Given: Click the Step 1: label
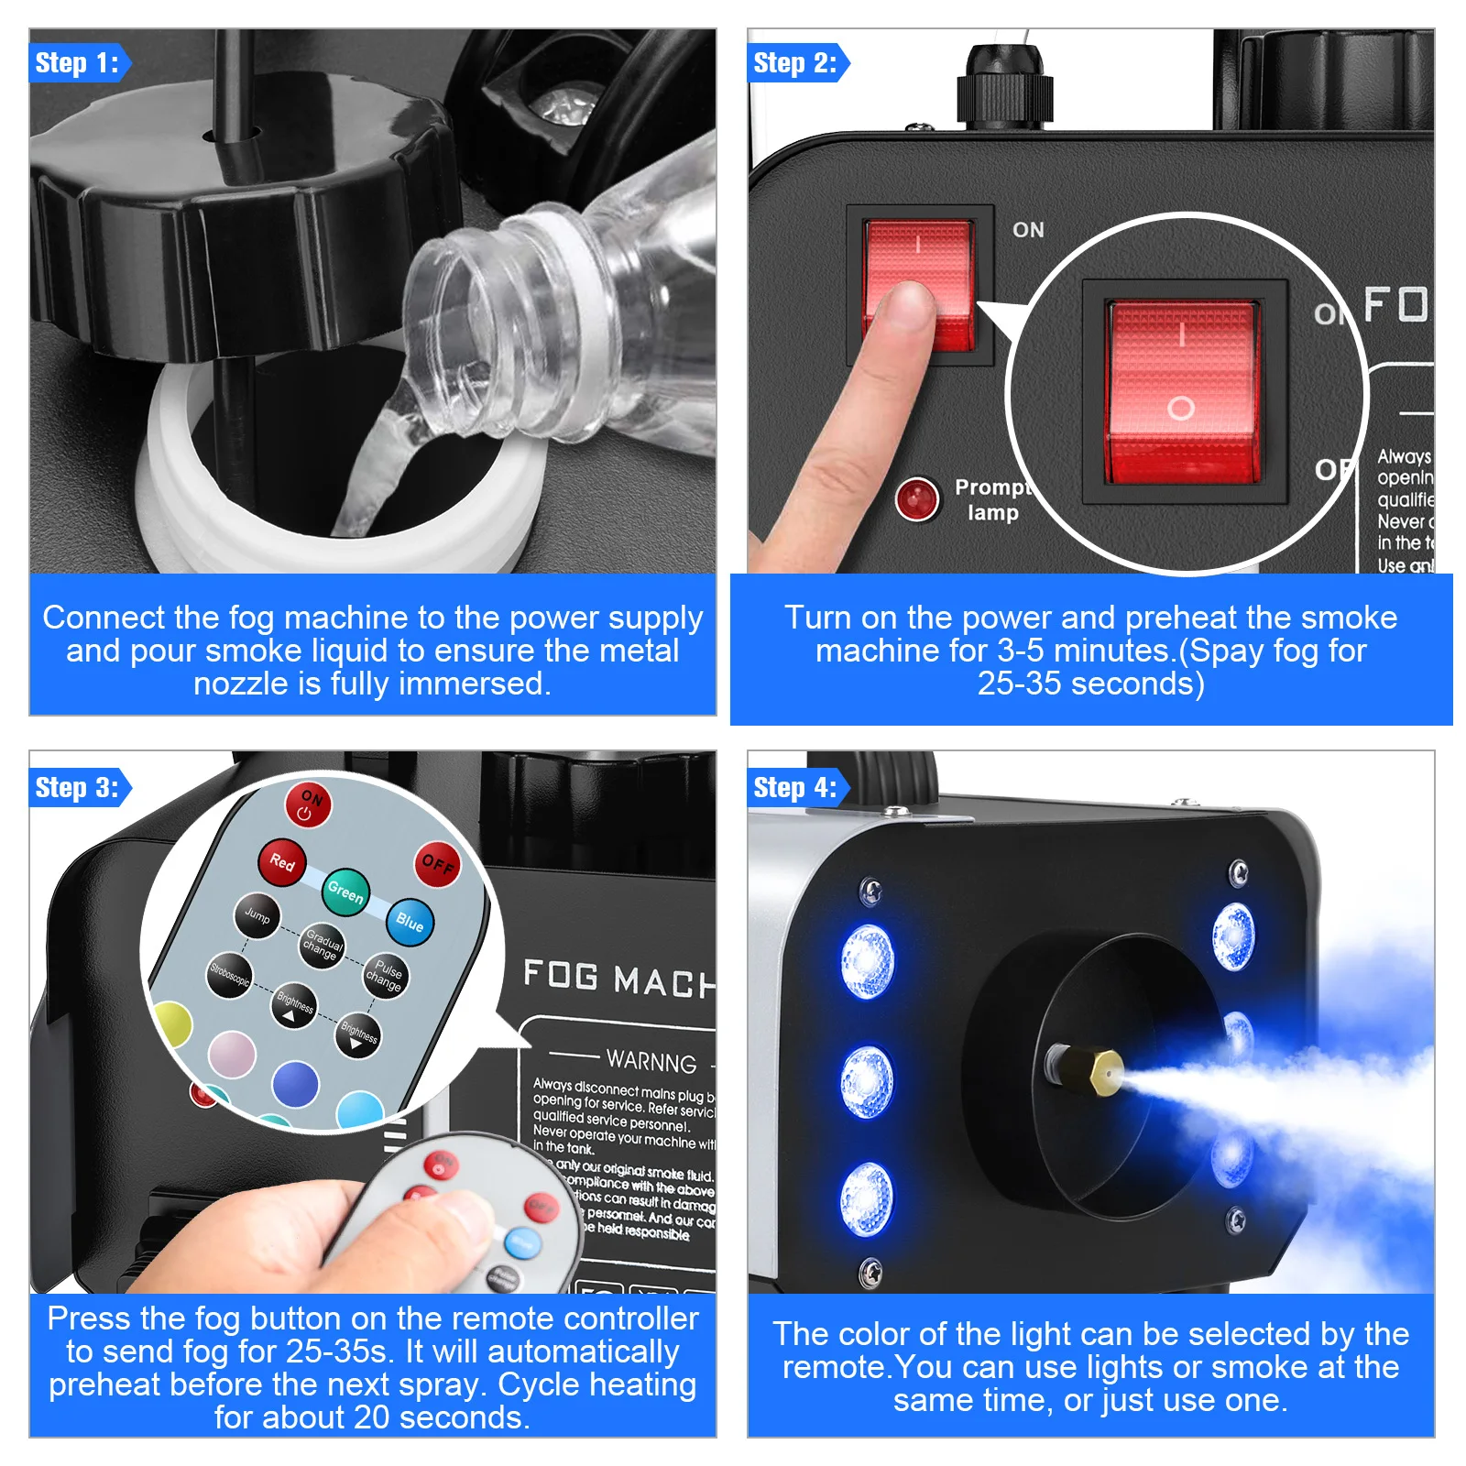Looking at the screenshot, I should [77, 63].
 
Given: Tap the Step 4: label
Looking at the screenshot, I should [794, 788].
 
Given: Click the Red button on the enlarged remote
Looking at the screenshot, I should [281, 861].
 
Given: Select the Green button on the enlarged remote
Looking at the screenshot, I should [345, 891].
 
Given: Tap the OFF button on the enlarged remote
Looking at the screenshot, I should [437, 864].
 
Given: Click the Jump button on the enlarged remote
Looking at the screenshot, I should [257, 915].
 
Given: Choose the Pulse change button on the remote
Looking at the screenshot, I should [386, 976].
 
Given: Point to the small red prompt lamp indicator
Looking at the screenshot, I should [916, 499].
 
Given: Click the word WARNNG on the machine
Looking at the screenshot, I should [651, 1061].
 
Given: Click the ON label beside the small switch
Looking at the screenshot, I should [1028, 230].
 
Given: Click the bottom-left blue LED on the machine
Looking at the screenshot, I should [866, 1198].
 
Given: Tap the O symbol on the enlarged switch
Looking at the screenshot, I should [1181, 408].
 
